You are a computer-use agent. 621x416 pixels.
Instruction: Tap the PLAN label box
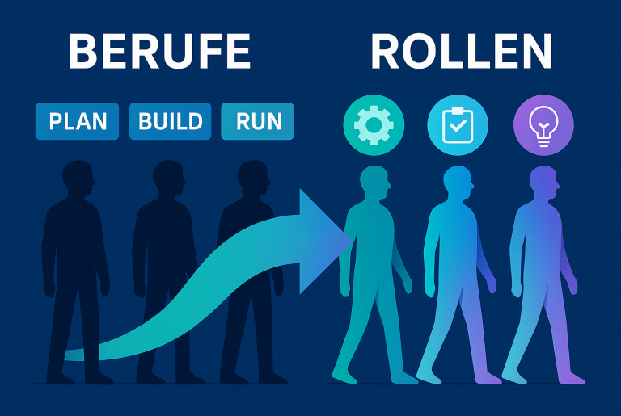coord(78,121)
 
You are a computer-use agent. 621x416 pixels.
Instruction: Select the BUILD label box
coord(170,121)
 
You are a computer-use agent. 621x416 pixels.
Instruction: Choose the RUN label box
coord(258,121)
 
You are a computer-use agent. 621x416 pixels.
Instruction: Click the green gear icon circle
coord(373,125)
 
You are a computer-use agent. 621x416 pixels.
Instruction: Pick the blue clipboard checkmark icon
coord(457,125)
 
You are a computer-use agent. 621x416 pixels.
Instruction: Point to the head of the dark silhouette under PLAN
coord(78,178)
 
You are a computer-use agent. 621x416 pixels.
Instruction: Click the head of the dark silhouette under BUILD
coord(168,178)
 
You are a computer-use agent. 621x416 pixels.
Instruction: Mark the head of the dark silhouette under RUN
coord(254,178)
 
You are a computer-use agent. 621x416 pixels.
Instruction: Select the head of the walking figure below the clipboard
coord(458,182)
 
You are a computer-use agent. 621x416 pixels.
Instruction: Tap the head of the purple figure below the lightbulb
coord(543,182)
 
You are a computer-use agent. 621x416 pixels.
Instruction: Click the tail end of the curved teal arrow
coord(73,354)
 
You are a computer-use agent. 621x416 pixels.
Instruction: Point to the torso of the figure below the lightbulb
coord(538,242)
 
